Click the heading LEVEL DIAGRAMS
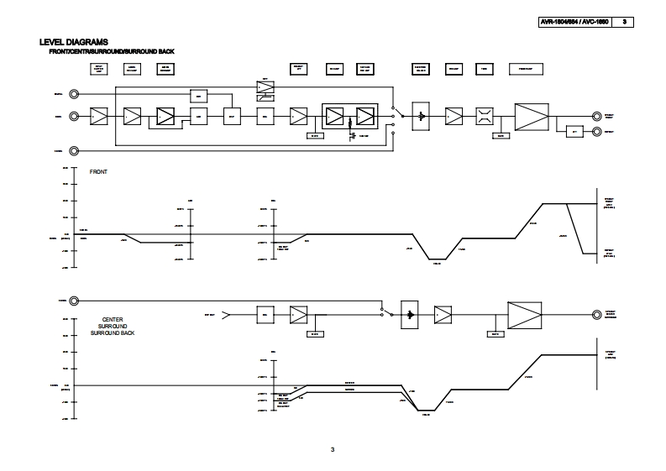[x=73, y=41]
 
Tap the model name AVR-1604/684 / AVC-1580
[x=575, y=22]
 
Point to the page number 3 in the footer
[x=333, y=450]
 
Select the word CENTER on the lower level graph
[x=113, y=320]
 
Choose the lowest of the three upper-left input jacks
[x=75, y=151]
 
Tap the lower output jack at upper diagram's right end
[x=596, y=131]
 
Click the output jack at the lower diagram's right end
[x=596, y=313]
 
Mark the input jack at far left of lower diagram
[x=75, y=301]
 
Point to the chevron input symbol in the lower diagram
[x=224, y=314]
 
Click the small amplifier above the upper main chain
[x=265, y=87]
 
